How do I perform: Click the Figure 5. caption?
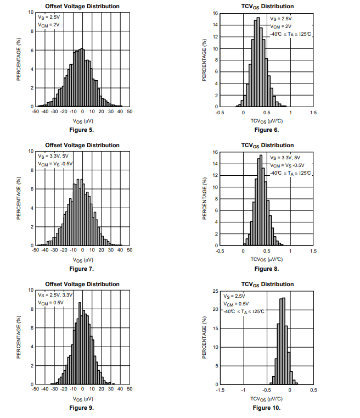(82, 130)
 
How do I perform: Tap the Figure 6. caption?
(267, 130)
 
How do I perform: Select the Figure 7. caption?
(82, 269)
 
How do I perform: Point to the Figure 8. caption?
(267, 269)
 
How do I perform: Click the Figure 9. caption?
(82, 408)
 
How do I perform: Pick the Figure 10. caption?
(267, 408)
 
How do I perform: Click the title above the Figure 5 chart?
(82, 7)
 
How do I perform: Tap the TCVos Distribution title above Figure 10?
(267, 284)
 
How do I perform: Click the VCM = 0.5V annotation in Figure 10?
(235, 303)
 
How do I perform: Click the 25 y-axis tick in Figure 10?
(216, 291)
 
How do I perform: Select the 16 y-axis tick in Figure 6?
(216, 13)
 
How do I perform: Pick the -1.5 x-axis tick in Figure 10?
(220, 389)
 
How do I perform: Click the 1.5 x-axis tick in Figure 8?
(313, 251)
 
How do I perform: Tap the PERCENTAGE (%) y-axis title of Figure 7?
(19, 198)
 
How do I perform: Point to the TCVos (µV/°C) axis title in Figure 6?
(267, 120)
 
